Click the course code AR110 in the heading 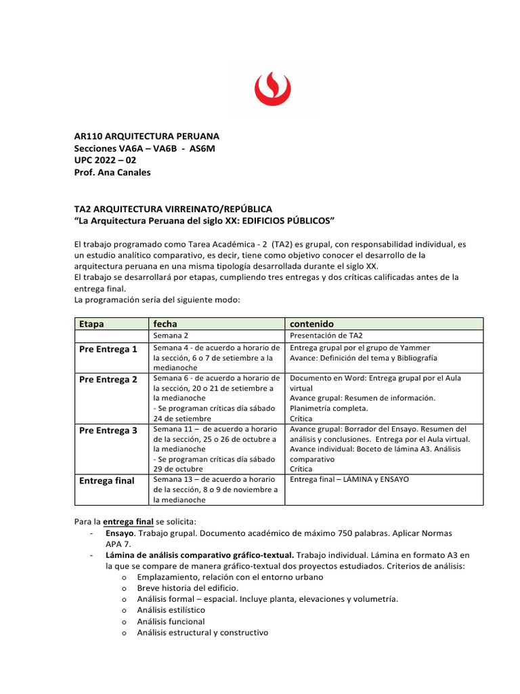point(88,136)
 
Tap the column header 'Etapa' point(91,324)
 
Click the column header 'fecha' point(165,324)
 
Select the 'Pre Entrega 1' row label point(108,349)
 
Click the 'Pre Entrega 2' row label point(108,380)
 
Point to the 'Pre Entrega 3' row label point(108,430)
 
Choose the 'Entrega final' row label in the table point(106,481)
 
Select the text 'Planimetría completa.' point(329,409)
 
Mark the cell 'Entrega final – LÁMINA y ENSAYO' point(349,479)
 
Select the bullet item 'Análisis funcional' point(171,621)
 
